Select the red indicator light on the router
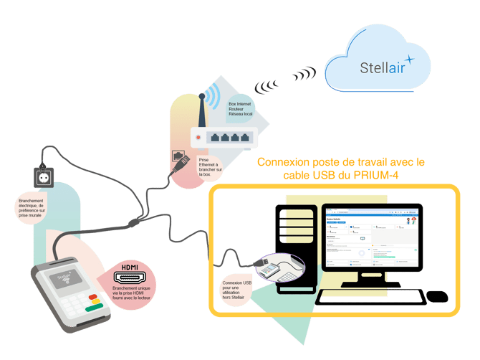pos(199,136)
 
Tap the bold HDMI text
pos(130,265)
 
